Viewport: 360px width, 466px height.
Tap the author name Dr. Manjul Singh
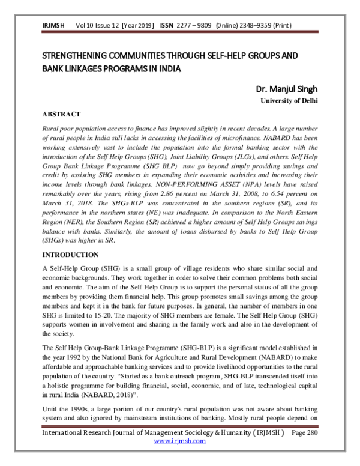tap(286, 90)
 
